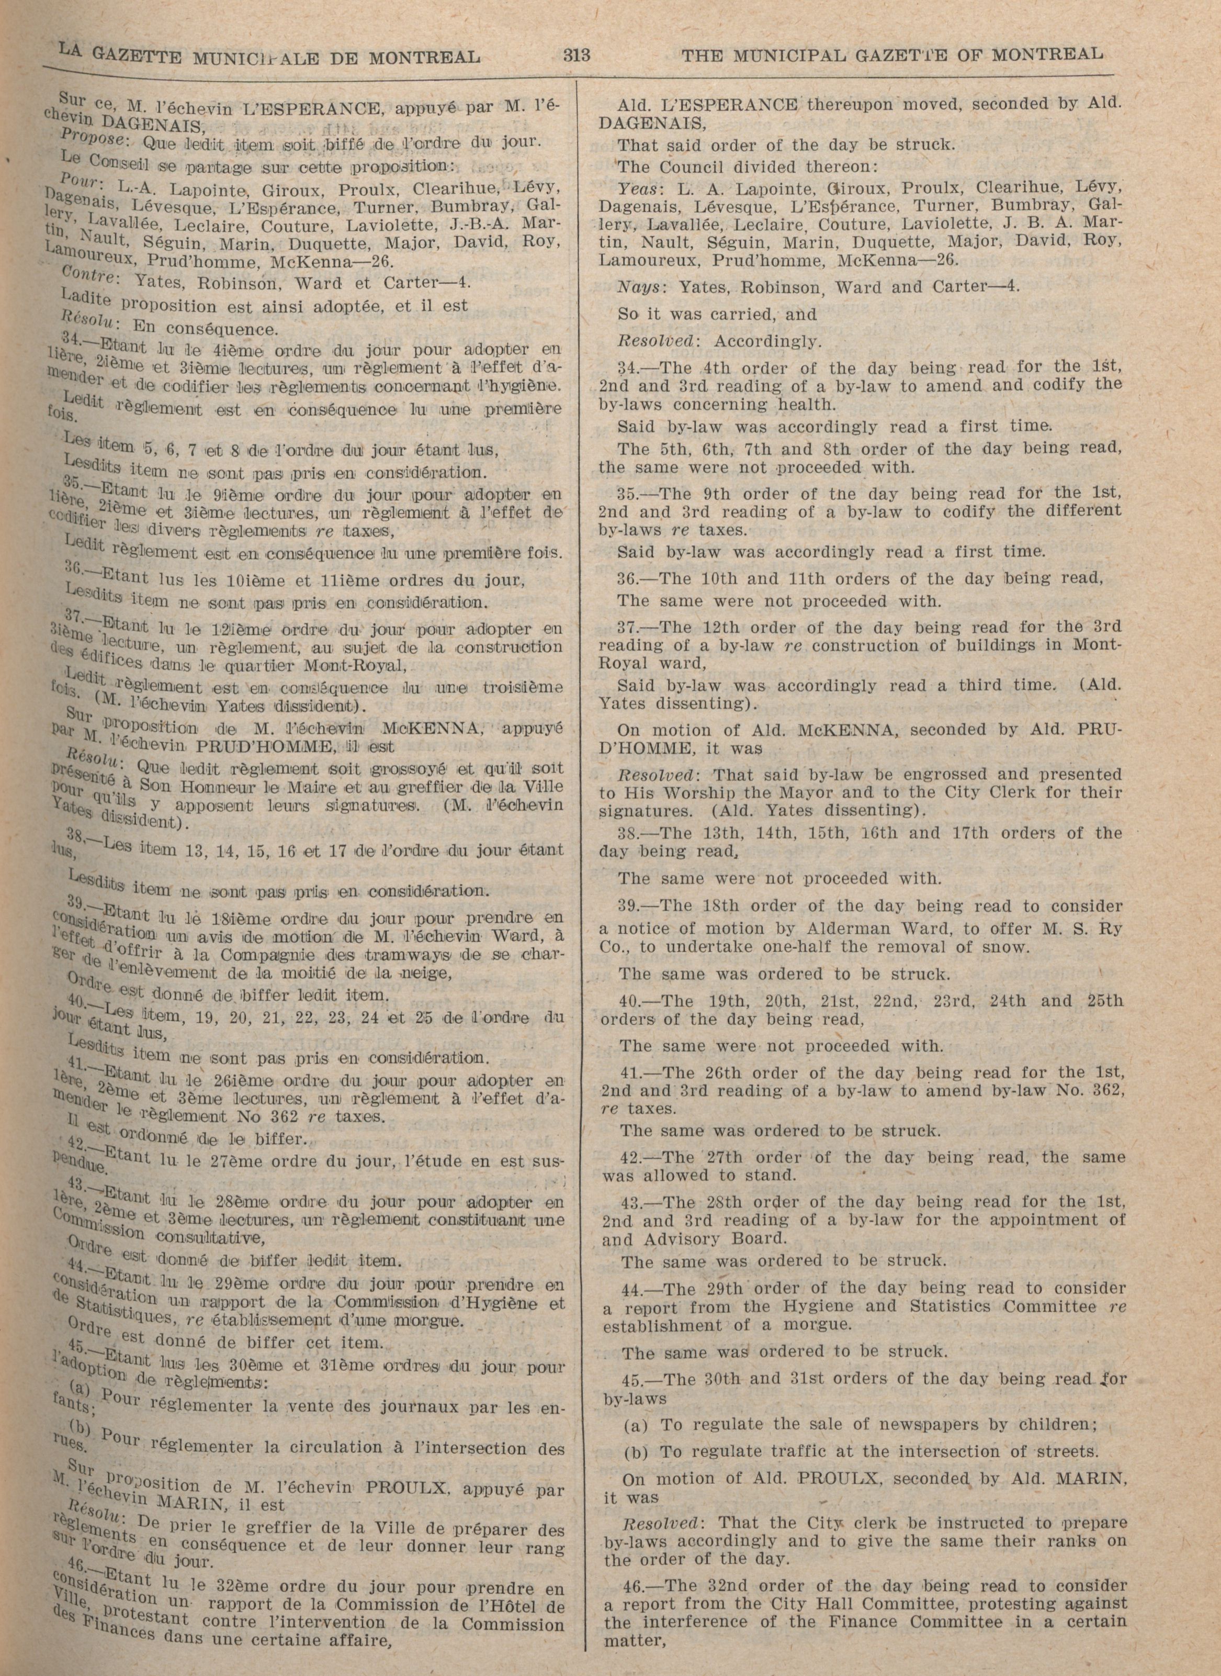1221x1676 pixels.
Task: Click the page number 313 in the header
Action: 576,55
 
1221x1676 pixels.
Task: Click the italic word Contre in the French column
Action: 87,278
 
